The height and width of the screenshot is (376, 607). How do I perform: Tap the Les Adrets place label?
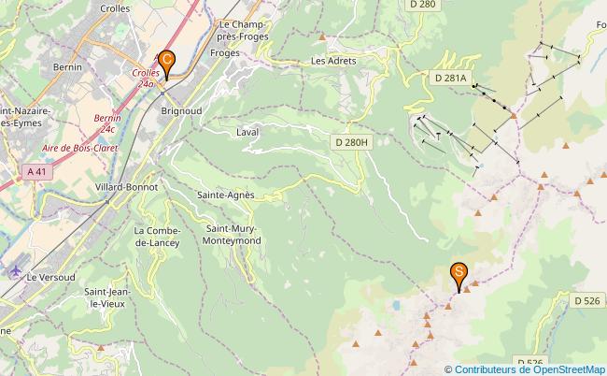tap(333, 61)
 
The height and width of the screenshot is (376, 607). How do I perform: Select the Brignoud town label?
tap(182, 109)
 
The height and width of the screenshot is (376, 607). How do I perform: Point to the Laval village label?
tap(247, 133)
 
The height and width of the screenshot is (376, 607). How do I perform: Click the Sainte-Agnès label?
tap(226, 195)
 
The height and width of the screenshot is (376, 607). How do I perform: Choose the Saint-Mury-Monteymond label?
tap(233, 235)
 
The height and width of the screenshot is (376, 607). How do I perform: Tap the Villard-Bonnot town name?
tap(126, 187)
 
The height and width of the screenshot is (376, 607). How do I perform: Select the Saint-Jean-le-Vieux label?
tap(107, 296)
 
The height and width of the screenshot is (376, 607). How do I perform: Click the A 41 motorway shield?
tap(36, 171)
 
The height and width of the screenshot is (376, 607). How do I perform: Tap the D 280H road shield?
tap(353, 142)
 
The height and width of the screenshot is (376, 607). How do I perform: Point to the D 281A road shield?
tap(449, 79)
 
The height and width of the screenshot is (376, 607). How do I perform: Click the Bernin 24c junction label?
tap(108, 123)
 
